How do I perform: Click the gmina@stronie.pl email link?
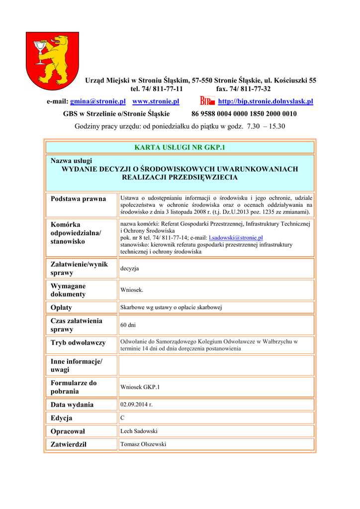[x=97, y=101]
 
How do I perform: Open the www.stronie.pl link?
[x=156, y=101]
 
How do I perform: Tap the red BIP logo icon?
[x=207, y=101]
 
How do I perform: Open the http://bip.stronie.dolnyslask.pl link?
[x=266, y=101]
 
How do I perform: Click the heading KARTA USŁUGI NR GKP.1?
[x=180, y=147]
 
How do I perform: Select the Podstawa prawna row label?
[x=79, y=199]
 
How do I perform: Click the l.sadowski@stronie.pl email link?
[x=236, y=238]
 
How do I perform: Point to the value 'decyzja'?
[x=130, y=268]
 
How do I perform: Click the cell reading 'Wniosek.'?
[x=132, y=290]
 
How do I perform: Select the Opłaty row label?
[x=62, y=308]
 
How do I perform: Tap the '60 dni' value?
[x=128, y=325]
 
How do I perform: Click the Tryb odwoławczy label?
[x=78, y=342]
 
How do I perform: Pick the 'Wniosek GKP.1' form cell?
[x=140, y=387]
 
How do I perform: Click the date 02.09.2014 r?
[x=136, y=405]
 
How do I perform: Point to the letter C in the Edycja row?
[x=122, y=418]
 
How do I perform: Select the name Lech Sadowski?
[x=139, y=431]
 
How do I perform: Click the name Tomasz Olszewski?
[x=143, y=444]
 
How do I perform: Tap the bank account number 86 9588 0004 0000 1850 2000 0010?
[x=244, y=114]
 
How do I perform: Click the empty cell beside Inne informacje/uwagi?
[x=216, y=365]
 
